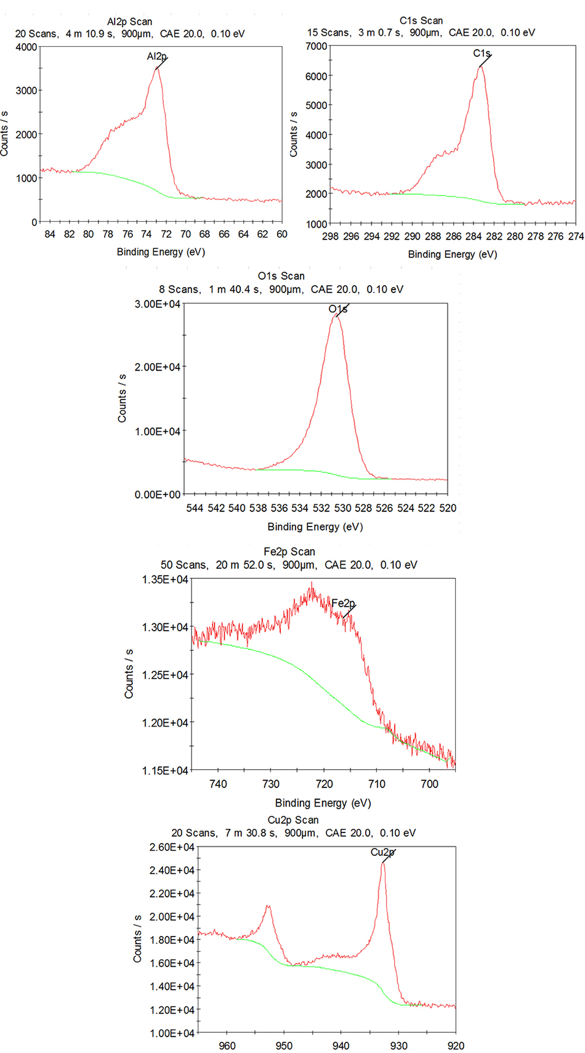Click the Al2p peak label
coord(156,57)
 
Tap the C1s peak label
coord(482,54)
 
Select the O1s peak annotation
coord(337,309)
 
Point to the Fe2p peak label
coord(343,603)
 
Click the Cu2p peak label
coord(382,852)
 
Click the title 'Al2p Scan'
coord(129,22)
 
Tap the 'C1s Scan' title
coord(421,21)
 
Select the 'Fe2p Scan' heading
coord(289,552)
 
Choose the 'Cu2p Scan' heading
coord(293,820)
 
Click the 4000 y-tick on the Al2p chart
coord(26,47)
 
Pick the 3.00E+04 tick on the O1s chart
coord(158,304)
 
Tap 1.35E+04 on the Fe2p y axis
coord(164,579)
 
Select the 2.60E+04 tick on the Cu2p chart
coord(172,847)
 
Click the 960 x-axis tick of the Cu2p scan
coord(227,1046)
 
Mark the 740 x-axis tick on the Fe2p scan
coord(218,784)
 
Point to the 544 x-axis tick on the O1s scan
coord(195,508)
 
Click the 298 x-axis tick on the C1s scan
coord(330,236)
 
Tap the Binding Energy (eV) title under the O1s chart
coord(315,526)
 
